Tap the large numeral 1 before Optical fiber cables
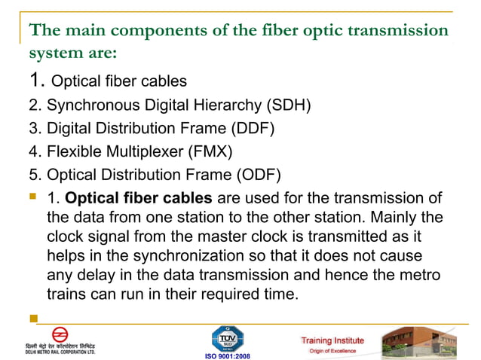pos(35,79)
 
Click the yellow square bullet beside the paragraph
pos(32,199)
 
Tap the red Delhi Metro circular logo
pos(60,334)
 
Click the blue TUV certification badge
pos(227,337)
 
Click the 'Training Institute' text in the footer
pos(332,340)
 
